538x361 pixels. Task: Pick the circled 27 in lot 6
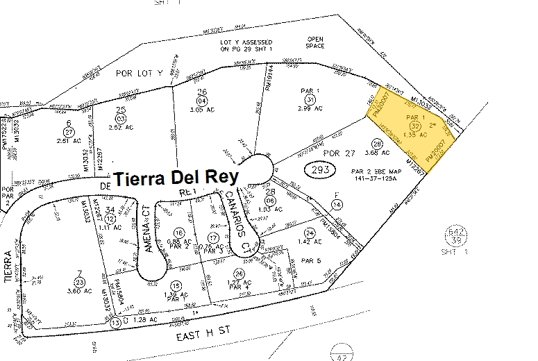pos(68,131)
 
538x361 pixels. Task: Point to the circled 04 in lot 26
pos(201,101)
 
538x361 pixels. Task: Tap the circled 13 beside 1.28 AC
pos(116,322)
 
